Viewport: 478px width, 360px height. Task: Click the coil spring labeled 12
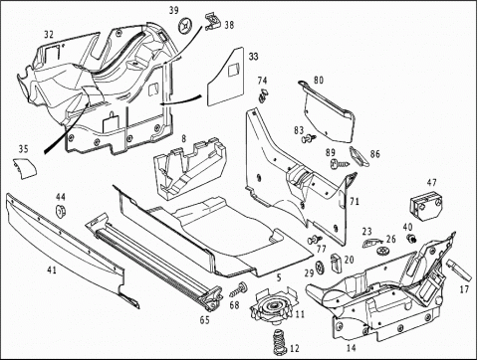coord(280,342)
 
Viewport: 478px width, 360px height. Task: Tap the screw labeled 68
coord(239,289)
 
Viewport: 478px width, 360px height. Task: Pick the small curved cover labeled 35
coord(25,168)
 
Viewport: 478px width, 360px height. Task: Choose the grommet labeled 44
coord(60,211)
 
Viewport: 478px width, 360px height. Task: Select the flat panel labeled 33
coord(226,77)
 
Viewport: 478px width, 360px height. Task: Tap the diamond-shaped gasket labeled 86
coord(359,156)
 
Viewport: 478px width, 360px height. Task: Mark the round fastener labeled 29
coord(321,268)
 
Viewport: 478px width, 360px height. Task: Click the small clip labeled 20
coord(336,264)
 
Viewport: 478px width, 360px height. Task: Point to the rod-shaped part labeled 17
coord(459,270)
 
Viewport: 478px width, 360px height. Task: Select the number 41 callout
coord(52,270)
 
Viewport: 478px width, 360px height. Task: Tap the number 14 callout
coord(351,348)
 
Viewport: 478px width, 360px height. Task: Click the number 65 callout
coord(205,320)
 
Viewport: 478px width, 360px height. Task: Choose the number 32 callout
coord(49,35)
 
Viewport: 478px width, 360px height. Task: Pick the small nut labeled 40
coord(411,238)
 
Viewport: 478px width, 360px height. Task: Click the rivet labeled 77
coord(315,239)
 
